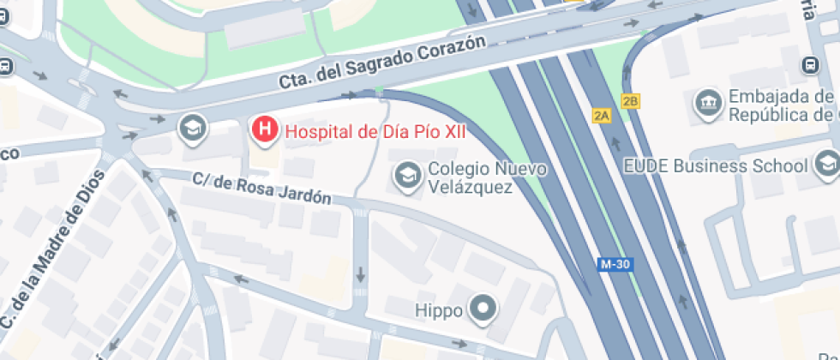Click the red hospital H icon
[266, 130]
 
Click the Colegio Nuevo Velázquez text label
[486, 177]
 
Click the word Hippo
[439, 309]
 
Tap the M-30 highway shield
[615, 265]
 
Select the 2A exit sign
[601, 115]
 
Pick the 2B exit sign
[631, 101]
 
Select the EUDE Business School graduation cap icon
[828, 162]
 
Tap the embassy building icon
[709, 104]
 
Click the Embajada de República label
[781, 105]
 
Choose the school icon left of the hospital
[192, 130]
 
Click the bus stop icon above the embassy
[810, 65]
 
